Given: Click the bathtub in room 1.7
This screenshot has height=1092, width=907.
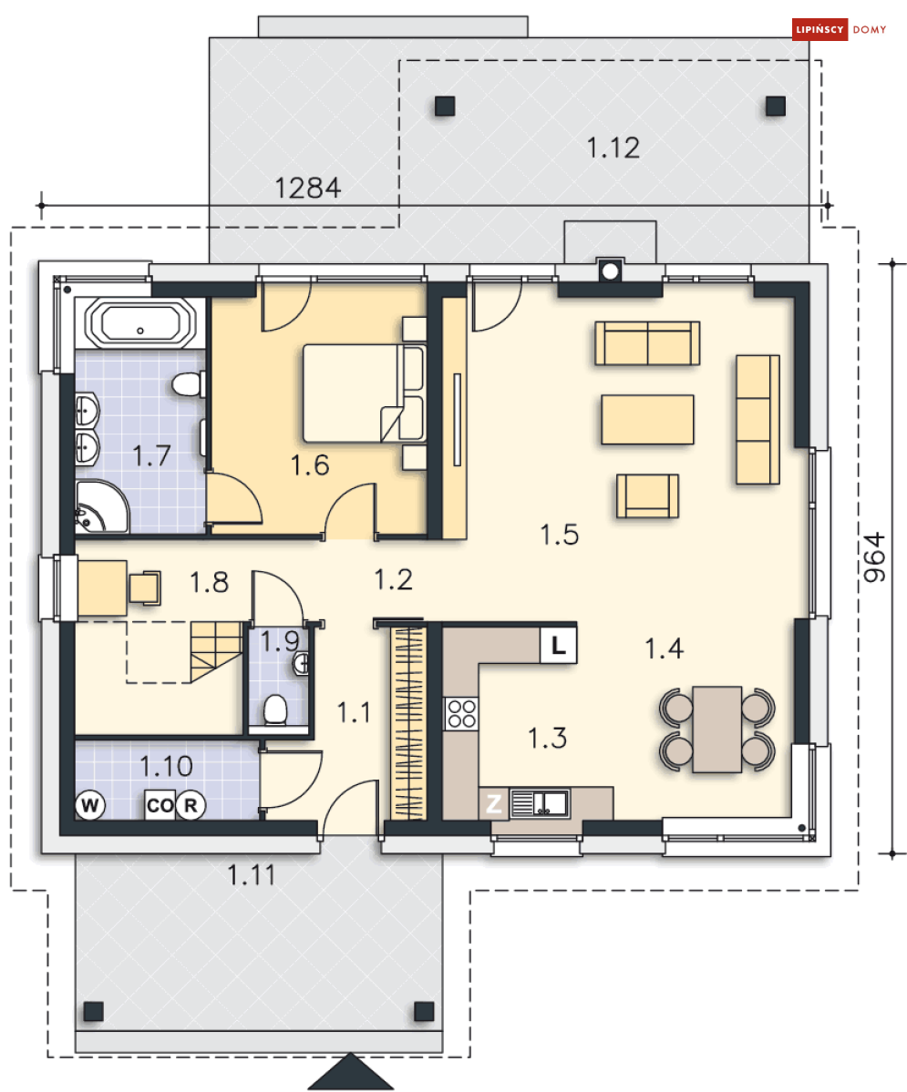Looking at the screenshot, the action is pyautogui.click(x=140, y=323).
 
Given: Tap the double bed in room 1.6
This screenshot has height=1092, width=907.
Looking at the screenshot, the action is pyautogui.click(x=364, y=393).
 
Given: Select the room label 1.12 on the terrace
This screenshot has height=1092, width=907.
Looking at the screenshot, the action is pyautogui.click(x=613, y=148).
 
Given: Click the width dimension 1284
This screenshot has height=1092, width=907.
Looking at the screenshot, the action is pyautogui.click(x=307, y=188).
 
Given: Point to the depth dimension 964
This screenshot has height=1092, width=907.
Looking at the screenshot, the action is pyautogui.click(x=874, y=557).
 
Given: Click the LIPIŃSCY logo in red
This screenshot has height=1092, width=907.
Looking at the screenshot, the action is pyautogui.click(x=819, y=29).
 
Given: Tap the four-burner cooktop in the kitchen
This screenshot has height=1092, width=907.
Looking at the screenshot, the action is pyautogui.click(x=461, y=713).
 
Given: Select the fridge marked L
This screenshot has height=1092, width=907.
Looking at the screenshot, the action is pyautogui.click(x=559, y=646).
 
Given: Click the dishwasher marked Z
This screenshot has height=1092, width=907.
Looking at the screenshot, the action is pyautogui.click(x=494, y=803).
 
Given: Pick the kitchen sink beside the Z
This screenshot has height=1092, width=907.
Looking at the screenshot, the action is pyautogui.click(x=541, y=803).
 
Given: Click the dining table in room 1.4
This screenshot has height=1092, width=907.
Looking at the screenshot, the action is pyautogui.click(x=716, y=730).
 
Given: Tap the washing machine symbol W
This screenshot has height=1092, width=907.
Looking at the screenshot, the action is pyautogui.click(x=90, y=805).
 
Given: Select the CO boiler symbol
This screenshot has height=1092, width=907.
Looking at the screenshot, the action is pyautogui.click(x=160, y=805).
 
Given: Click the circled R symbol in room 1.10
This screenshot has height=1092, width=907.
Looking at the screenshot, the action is pyautogui.click(x=191, y=805).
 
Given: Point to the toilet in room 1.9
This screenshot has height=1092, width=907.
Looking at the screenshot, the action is pyautogui.click(x=275, y=709).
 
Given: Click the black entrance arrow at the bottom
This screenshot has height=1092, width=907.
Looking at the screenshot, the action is pyautogui.click(x=351, y=1072).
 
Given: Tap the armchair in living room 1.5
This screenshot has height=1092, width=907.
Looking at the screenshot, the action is pyautogui.click(x=647, y=495).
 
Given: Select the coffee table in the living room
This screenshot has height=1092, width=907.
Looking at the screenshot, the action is pyautogui.click(x=647, y=419).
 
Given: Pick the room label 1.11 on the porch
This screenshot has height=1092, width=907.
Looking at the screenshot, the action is pyautogui.click(x=252, y=874).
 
